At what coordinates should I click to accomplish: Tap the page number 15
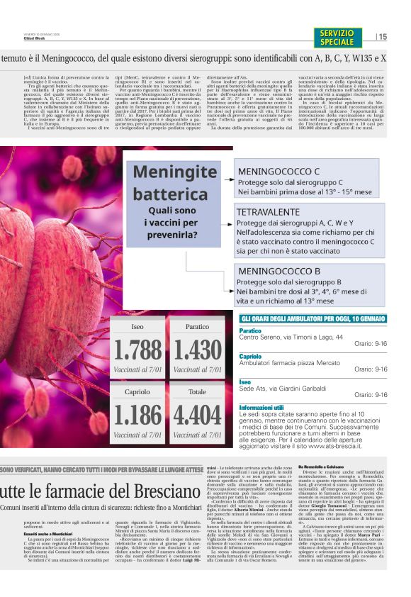(x=383, y=37)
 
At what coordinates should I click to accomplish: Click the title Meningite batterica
(x=175, y=183)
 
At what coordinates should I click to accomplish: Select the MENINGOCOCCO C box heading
(x=279, y=172)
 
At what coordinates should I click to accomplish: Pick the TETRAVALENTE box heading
(x=268, y=212)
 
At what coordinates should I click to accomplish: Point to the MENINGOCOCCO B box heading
(x=279, y=271)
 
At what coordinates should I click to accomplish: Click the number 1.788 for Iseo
(x=137, y=350)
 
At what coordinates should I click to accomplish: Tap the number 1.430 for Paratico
(x=198, y=350)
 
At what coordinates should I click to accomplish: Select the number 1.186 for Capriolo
(x=137, y=415)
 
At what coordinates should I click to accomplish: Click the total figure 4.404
(x=198, y=415)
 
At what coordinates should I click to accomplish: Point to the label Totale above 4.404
(x=198, y=391)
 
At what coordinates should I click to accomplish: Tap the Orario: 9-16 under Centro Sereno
(x=371, y=344)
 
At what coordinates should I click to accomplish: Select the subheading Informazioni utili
(x=261, y=408)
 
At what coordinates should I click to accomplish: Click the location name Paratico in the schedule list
(x=250, y=330)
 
